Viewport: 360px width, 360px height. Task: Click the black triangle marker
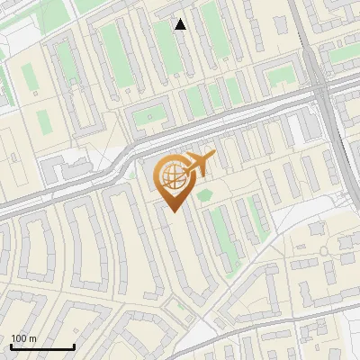(181, 24)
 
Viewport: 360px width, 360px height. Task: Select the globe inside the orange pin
(172, 176)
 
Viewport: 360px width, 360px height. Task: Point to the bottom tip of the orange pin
(172, 211)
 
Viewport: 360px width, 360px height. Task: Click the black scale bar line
(42, 346)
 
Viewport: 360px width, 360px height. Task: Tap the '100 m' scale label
(23, 338)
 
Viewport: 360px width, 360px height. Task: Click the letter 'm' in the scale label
(32, 338)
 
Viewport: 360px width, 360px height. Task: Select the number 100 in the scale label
(19, 338)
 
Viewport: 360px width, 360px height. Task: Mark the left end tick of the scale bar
(11, 345)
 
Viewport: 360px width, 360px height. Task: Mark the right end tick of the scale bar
(74, 345)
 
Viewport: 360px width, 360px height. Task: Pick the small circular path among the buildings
(322, 251)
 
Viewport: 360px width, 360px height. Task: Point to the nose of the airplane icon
(214, 155)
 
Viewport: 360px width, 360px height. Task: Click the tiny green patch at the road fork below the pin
(183, 306)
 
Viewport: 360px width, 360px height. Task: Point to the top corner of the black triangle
(181, 19)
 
